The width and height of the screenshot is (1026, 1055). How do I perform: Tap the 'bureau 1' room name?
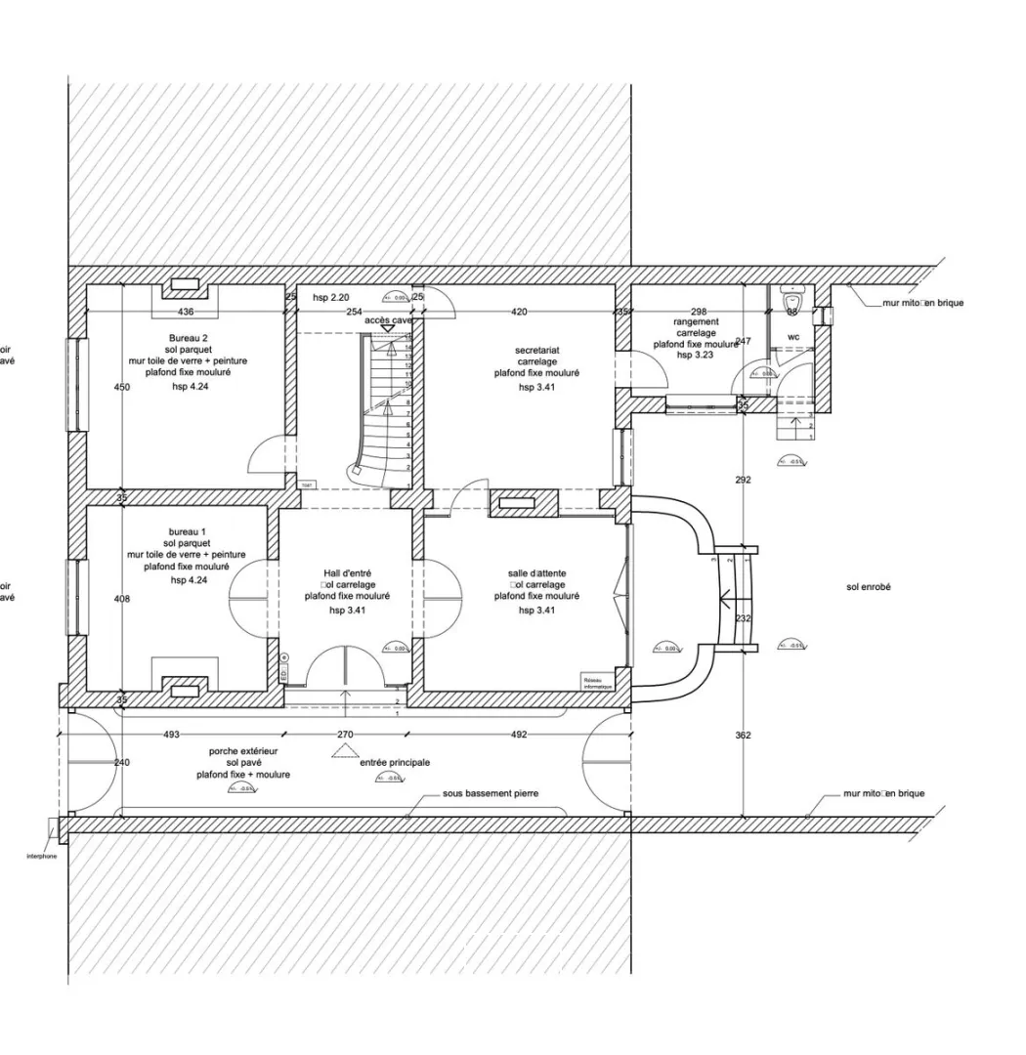point(186,532)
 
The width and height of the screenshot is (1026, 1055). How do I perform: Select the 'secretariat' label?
point(536,350)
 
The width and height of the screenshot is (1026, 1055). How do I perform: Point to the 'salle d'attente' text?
point(536,573)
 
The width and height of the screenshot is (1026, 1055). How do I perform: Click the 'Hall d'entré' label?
point(347,573)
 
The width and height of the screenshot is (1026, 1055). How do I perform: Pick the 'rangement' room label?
point(696,321)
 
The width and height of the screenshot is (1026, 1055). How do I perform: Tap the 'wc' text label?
point(793,337)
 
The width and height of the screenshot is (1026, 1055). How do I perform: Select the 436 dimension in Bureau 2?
point(186,312)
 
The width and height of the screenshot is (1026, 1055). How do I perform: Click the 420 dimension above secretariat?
point(519,312)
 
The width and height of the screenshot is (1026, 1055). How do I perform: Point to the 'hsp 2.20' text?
point(330,297)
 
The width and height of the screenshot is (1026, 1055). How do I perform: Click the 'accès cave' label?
point(388,320)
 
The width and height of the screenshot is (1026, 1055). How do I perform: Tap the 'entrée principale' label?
point(395,763)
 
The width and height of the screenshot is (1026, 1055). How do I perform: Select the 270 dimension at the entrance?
point(344,735)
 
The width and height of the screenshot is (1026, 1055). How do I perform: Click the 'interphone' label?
point(41,856)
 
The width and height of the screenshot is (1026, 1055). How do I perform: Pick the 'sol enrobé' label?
point(869,587)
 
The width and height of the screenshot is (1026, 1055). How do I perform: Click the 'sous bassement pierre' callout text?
point(491,794)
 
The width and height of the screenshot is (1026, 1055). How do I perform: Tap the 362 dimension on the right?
point(743,735)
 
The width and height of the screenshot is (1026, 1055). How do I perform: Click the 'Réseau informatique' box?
point(597,683)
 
